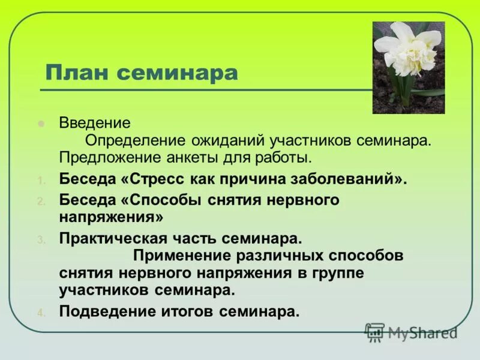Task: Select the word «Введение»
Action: pos(95,123)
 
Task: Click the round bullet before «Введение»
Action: pos(41,124)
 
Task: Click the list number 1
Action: pos(40,181)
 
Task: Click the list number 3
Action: pos(40,239)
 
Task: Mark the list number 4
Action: pos(40,313)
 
